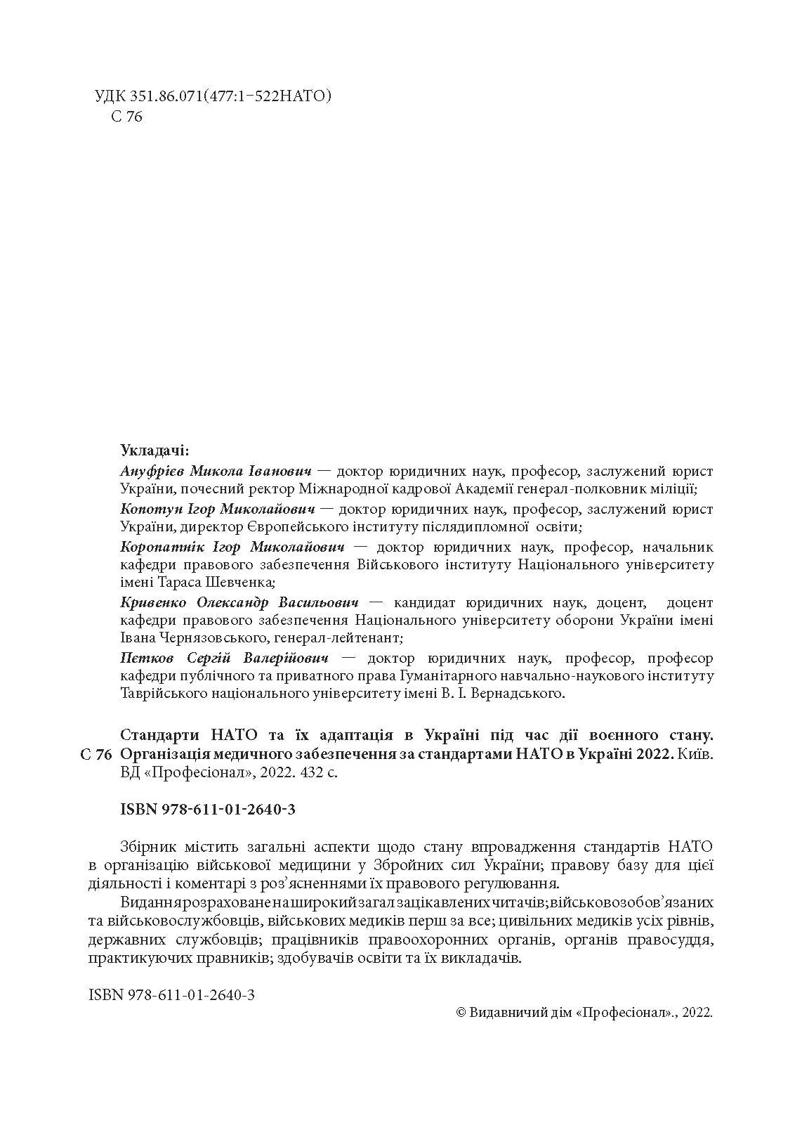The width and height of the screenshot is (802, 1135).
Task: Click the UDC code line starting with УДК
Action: pyautogui.click(x=212, y=96)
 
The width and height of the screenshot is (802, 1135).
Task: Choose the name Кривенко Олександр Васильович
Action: pyautogui.click(x=239, y=602)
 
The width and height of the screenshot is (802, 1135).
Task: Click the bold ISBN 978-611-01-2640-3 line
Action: pyautogui.click(x=208, y=810)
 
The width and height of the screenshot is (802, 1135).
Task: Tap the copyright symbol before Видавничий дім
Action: pyautogui.click(x=461, y=1013)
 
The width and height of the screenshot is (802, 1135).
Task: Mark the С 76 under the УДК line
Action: pyautogui.click(x=126, y=117)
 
